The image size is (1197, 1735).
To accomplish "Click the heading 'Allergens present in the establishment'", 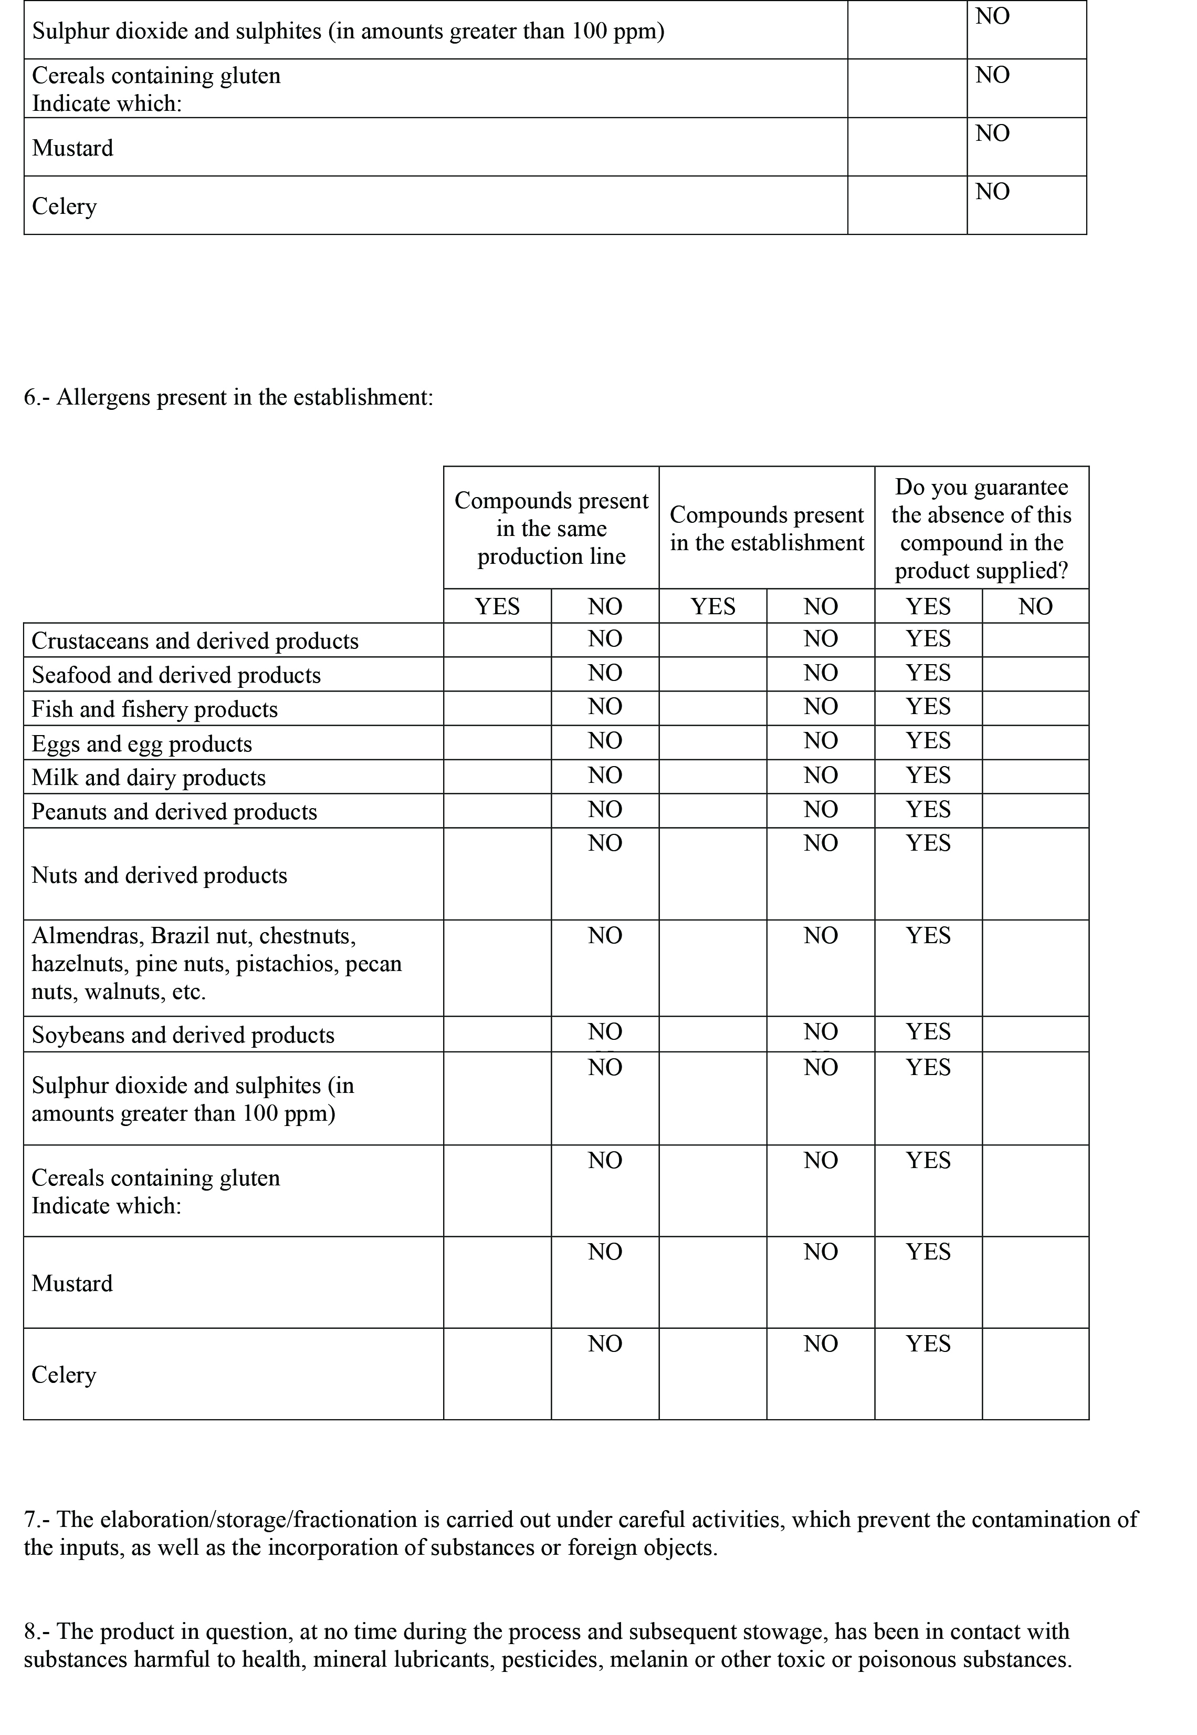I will [229, 397].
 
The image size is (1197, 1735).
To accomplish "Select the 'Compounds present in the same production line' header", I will [551, 528].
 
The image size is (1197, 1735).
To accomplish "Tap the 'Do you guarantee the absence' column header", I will [981, 528].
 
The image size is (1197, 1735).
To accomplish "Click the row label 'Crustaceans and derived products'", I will [195, 641].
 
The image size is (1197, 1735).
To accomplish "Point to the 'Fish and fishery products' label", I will [154, 709].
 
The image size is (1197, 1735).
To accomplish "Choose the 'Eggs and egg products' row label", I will [142, 743].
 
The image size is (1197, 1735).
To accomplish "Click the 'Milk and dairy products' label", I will [149, 778].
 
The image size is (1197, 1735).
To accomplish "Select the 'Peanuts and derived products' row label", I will [174, 812].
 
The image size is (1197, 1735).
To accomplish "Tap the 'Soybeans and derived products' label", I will [183, 1035].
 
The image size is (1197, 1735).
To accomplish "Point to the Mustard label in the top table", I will [73, 148].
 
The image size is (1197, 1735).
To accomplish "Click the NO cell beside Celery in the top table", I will [992, 192].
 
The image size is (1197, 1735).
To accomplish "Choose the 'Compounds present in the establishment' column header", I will [766, 528].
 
